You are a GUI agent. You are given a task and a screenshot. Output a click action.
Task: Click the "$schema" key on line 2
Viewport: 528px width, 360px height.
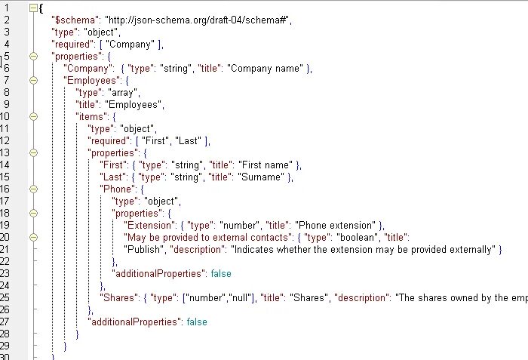(x=74, y=19)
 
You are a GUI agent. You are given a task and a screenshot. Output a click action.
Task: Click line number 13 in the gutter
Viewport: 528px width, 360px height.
(x=6, y=152)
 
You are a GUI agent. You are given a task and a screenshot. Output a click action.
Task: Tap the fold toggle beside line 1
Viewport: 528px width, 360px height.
(x=33, y=7)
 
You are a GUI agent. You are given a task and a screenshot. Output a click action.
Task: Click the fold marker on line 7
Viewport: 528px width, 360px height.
(x=33, y=80)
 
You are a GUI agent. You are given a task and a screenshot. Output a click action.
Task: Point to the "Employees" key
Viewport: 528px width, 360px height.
(x=91, y=80)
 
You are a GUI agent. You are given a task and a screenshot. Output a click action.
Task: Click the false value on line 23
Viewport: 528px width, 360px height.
(x=220, y=273)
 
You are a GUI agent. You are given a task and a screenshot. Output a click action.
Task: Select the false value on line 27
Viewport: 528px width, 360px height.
(x=196, y=322)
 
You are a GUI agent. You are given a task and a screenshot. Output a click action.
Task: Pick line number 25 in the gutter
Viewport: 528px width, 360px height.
(x=6, y=297)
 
